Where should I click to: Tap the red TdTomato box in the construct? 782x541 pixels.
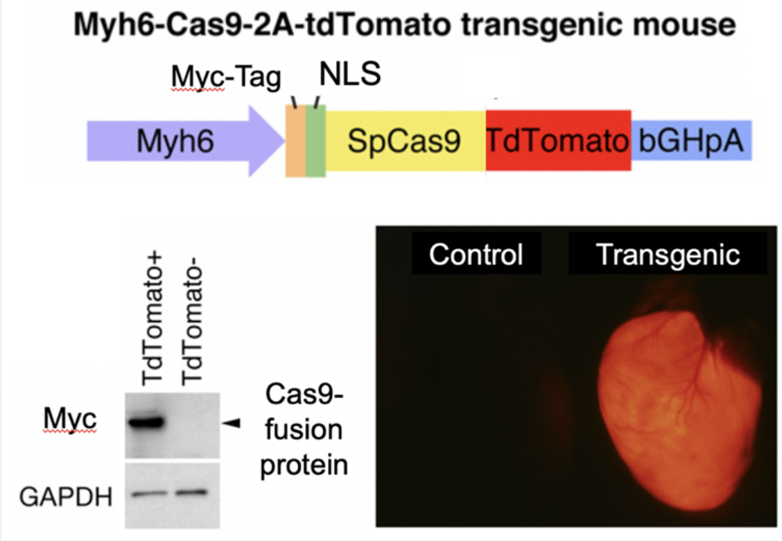pos(558,141)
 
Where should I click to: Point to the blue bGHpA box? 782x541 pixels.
pos(690,141)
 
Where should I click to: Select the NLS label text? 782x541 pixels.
pos(349,74)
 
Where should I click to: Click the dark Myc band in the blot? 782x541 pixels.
pos(145,421)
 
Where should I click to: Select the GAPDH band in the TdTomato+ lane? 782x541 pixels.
pos(147,494)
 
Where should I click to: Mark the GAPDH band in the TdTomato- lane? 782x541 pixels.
pos(191,492)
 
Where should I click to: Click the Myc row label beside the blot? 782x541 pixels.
pos(68,420)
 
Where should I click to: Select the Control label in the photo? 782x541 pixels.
pos(476,255)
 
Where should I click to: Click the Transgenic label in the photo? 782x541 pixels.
pos(668,255)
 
